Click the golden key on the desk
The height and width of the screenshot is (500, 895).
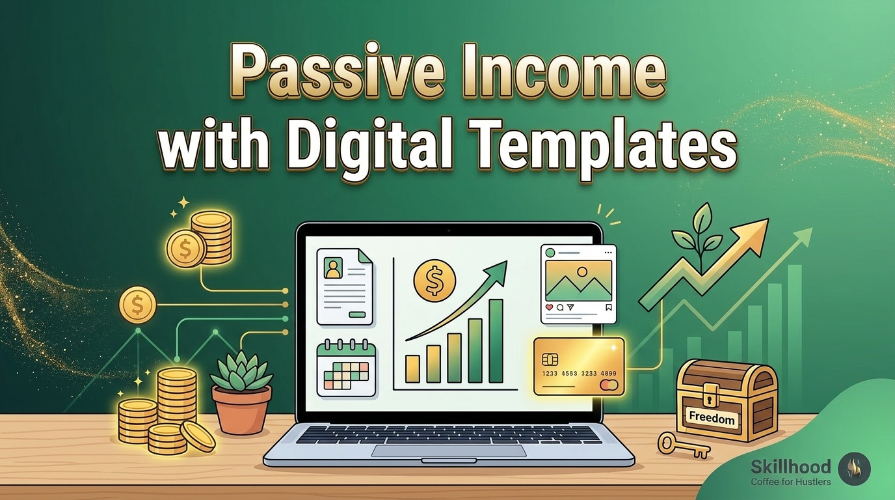coord(684,445)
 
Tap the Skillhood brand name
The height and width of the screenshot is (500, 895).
coord(791,466)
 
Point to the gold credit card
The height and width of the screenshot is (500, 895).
coord(579,367)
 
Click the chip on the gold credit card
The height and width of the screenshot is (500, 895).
coord(550,359)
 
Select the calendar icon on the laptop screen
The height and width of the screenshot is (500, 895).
coord(346,368)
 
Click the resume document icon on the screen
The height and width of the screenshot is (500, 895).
coord(345,286)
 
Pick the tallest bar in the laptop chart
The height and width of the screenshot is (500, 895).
coord(496,341)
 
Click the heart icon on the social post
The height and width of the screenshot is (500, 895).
coord(550,307)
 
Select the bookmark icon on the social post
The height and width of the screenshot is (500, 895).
coord(608,307)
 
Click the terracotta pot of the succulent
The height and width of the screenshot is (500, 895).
coord(241,410)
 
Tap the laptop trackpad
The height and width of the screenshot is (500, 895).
coord(448,451)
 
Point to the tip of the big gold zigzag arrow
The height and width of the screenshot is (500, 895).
coord(768,219)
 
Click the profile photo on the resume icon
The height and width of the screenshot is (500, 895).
coord(332,268)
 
